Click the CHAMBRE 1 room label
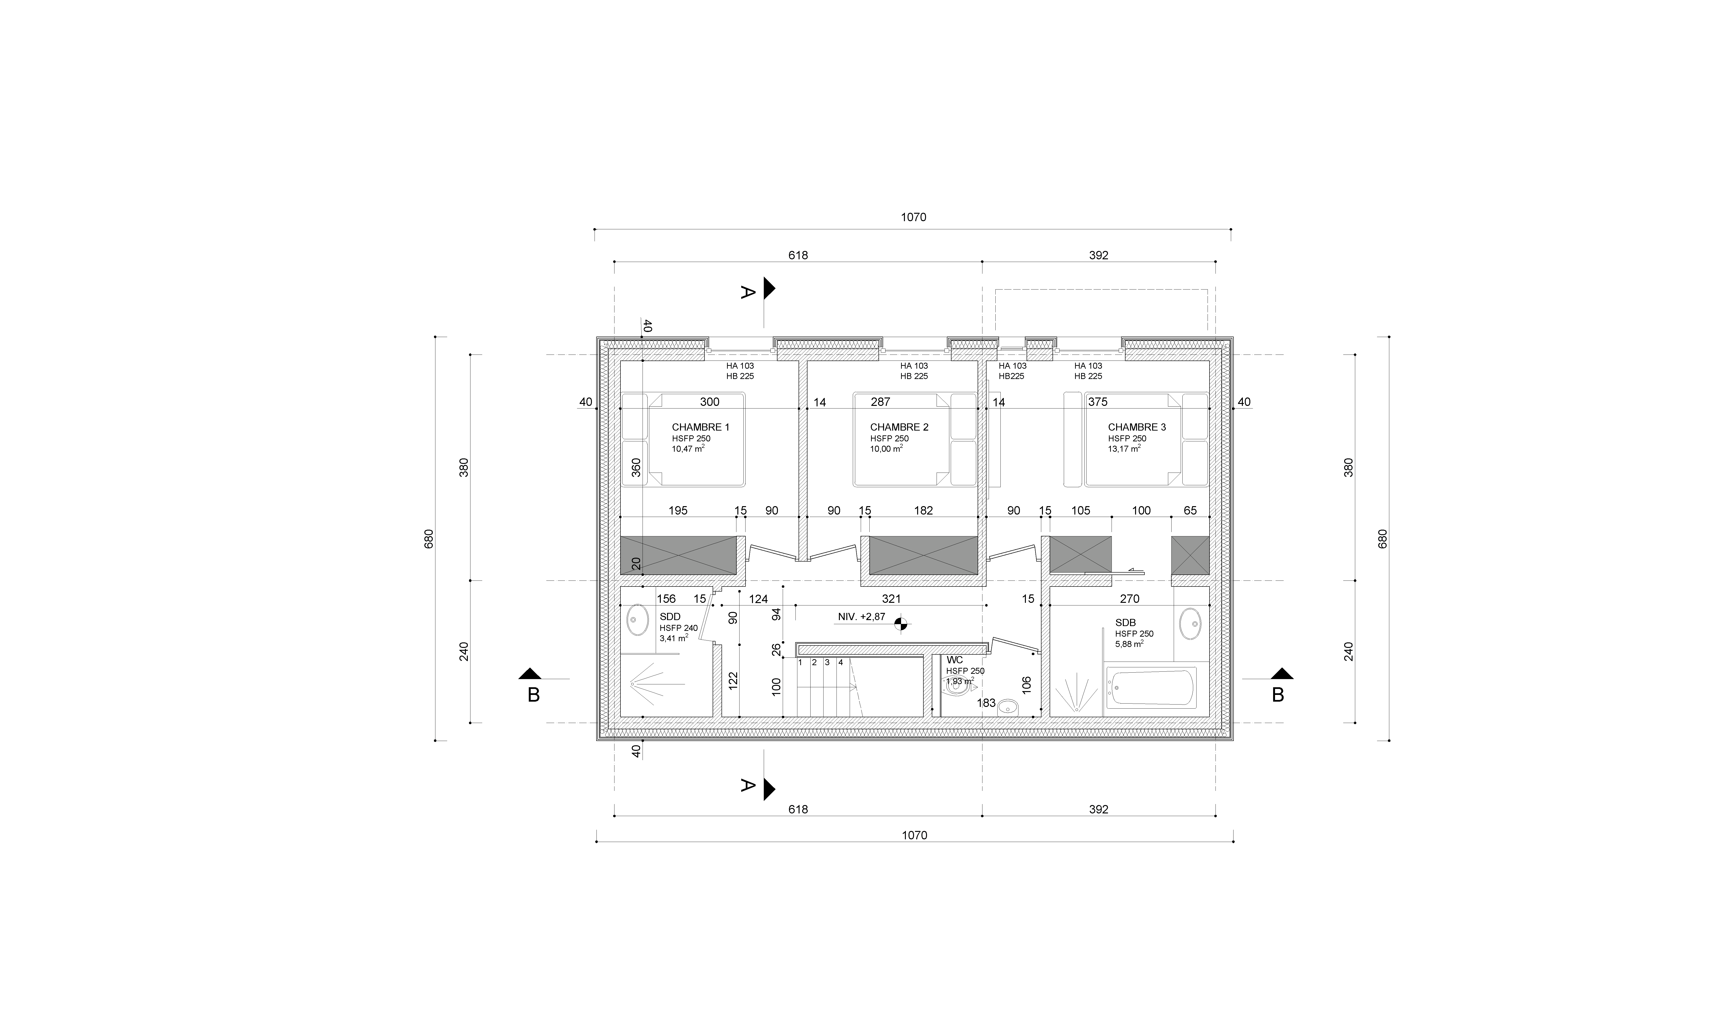(x=701, y=427)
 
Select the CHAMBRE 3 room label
(x=1137, y=427)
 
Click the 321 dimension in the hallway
(x=891, y=598)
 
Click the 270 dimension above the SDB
(x=1130, y=598)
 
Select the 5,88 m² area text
(x=1129, y=644)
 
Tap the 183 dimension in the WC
(x=986, y=703)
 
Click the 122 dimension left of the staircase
(x=733, y=680)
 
